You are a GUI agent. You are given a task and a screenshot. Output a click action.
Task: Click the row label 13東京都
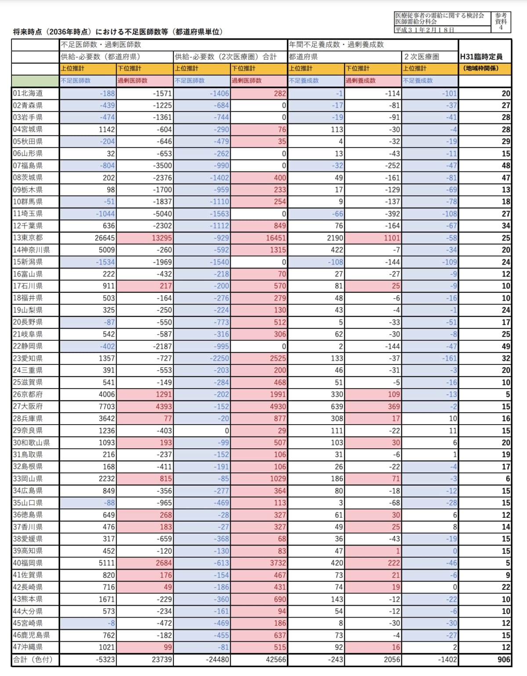tap(27, 238)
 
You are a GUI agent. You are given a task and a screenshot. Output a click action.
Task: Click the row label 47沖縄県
tap(27, 647)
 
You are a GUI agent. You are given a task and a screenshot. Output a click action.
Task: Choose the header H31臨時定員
tap(481, 57)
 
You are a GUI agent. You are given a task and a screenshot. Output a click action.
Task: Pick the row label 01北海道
tap(27, 93)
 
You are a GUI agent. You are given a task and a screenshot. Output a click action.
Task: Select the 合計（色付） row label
tap(32, 659)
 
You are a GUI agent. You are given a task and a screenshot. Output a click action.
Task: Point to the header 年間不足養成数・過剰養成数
tap(336, 44)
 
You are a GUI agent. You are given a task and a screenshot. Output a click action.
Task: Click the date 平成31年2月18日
tap(424, 30)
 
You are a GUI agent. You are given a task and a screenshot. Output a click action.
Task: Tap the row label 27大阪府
tap(27, 406)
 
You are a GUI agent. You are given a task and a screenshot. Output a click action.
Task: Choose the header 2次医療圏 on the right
tap(421, 57)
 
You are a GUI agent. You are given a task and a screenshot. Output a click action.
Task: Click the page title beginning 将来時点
tap(118, 32)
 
